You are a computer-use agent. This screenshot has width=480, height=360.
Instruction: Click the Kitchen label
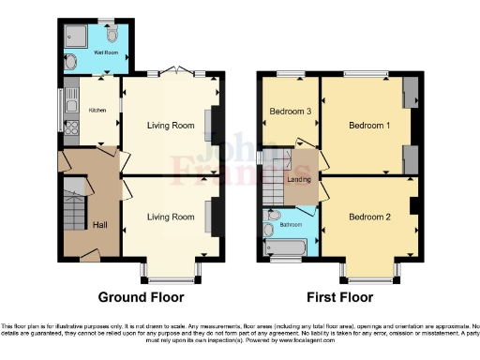98,111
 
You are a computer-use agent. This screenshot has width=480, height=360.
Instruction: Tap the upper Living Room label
171,124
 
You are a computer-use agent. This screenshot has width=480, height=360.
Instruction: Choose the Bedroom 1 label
367,125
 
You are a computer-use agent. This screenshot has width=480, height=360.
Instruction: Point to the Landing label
299,180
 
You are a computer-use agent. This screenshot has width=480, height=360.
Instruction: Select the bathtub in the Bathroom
287,247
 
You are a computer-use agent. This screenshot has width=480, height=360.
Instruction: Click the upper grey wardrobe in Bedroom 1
410,91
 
